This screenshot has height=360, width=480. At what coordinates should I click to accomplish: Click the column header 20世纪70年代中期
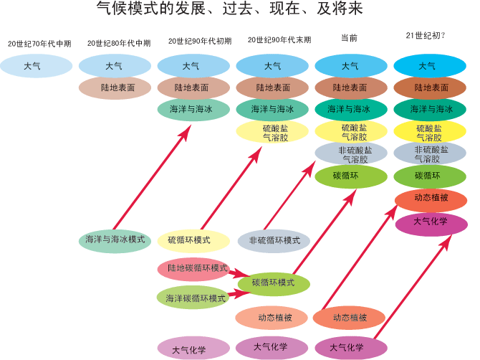tap(39, 43)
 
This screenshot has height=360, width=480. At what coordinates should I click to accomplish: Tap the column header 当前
tap(349, 38)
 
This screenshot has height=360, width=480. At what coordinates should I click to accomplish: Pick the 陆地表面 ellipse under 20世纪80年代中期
tap(115, 88)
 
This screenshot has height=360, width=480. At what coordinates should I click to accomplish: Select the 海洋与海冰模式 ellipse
tap(115, 240)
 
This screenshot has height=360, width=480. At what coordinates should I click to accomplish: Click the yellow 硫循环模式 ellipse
tap(193, 240)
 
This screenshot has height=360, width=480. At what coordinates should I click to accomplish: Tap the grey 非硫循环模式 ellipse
tap(274, 240)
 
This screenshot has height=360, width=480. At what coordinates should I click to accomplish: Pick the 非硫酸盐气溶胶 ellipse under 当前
tap(351, 154)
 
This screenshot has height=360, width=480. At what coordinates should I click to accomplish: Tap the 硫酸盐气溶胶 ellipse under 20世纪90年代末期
tap(272, 132)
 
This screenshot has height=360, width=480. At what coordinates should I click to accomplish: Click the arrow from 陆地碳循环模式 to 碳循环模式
tap(239, 274)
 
